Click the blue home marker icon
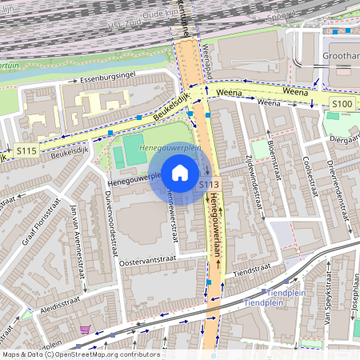click(180, 173)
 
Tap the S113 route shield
click(209, 185)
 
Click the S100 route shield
click(342, 104)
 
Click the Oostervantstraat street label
click(151, 260)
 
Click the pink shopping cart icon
click(85, 329)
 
